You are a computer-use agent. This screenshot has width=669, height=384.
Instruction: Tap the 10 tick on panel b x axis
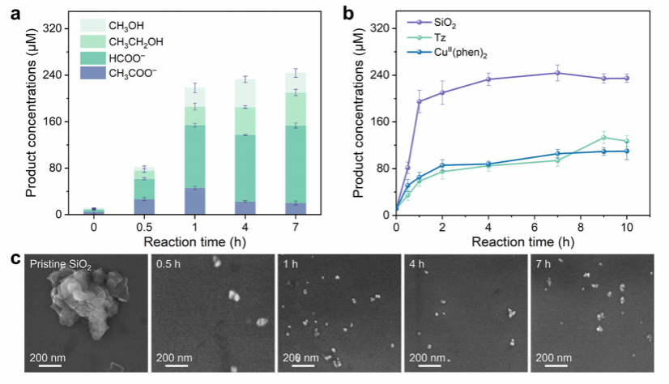coord(626,228)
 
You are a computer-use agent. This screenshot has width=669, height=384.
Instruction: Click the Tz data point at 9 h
coord(603,138)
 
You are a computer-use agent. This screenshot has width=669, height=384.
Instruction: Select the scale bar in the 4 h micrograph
coord(426,365)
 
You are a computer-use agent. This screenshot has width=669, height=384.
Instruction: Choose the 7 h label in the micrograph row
coord(546,264)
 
